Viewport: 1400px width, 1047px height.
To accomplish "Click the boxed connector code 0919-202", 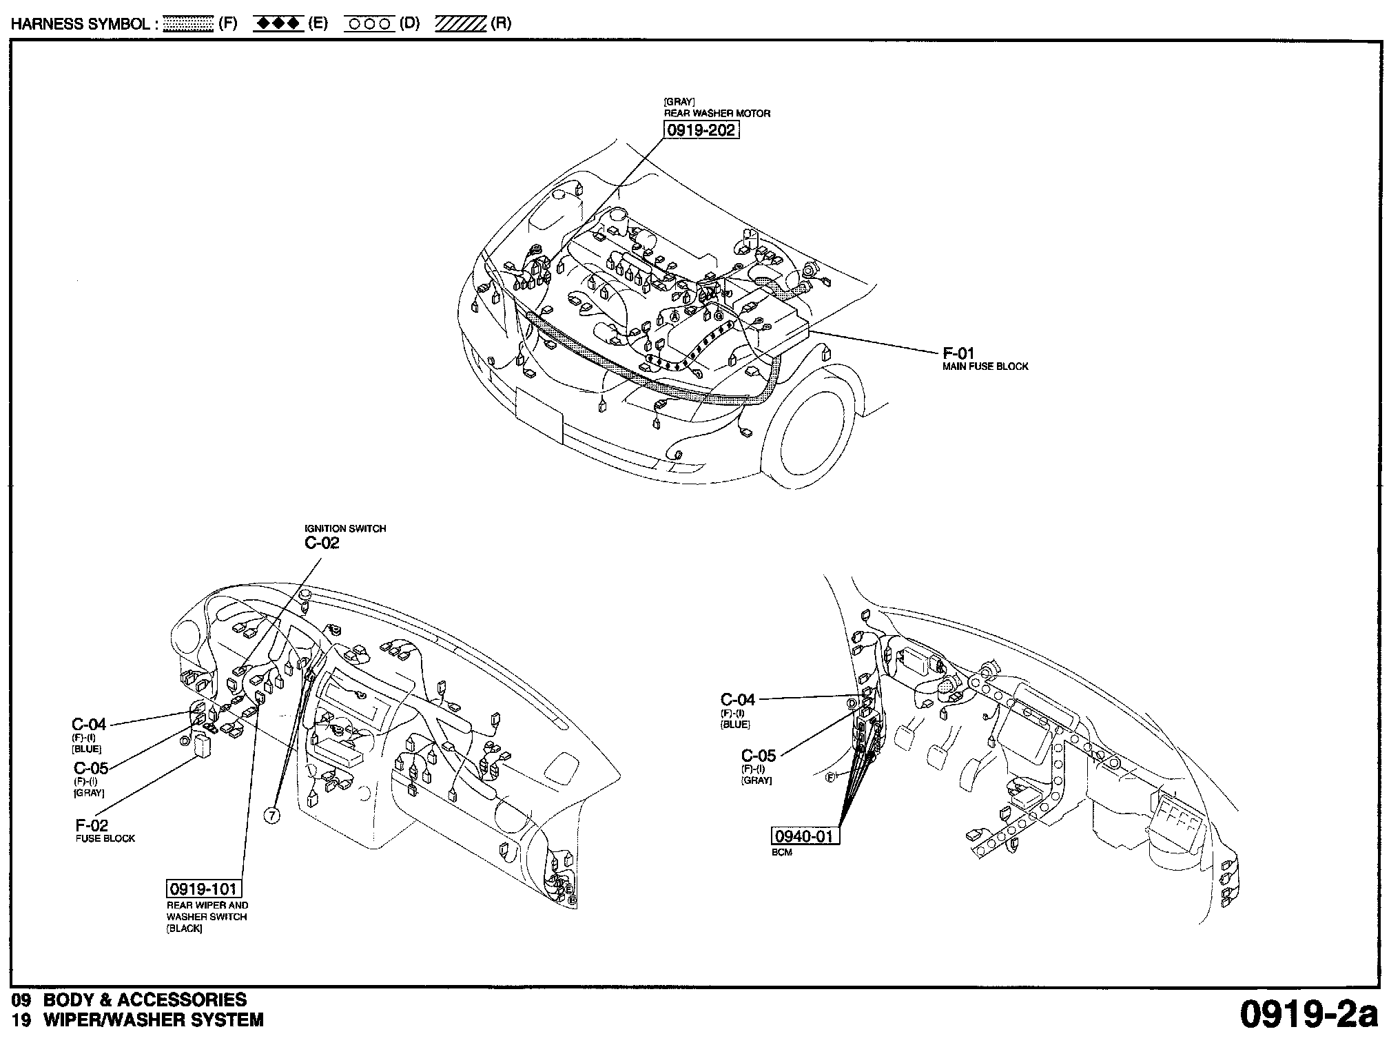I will pos(701,129).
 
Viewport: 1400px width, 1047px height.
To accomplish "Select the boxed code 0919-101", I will pos(204,889).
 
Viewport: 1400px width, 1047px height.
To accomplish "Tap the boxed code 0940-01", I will pos(804,836).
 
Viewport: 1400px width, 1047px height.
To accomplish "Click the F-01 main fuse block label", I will pos(958,354).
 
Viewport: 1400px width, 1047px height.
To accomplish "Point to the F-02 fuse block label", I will pos(92,825).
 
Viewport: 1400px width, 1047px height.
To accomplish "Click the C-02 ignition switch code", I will pos(322,543).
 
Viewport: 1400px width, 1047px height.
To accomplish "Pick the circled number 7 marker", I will pos(272,816).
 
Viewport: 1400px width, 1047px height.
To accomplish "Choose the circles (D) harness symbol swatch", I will pos(369,24).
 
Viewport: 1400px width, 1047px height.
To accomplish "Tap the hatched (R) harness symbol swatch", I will pos(460,24).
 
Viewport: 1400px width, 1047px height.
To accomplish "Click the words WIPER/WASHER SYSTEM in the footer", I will pos(153,1020).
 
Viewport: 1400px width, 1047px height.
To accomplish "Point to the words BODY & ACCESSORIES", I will pos(145,999).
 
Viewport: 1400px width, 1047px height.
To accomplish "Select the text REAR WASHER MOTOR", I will pos(717,113).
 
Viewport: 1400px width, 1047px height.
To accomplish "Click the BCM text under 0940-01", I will pos(782,852).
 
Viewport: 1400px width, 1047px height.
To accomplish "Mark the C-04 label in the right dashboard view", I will pos(738,700).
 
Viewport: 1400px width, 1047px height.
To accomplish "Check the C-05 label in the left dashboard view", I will pos(91,768).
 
